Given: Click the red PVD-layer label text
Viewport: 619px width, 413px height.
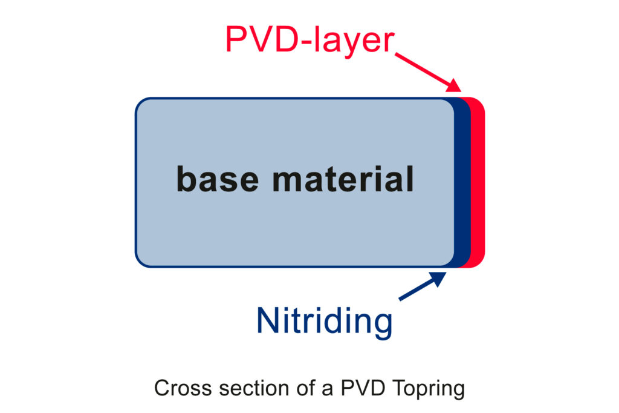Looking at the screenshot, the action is tap(310, 41).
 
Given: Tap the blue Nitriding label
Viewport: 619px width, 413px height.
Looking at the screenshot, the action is tap(325, 321).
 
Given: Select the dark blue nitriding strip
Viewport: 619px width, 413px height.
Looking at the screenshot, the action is tap(462, 182).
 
